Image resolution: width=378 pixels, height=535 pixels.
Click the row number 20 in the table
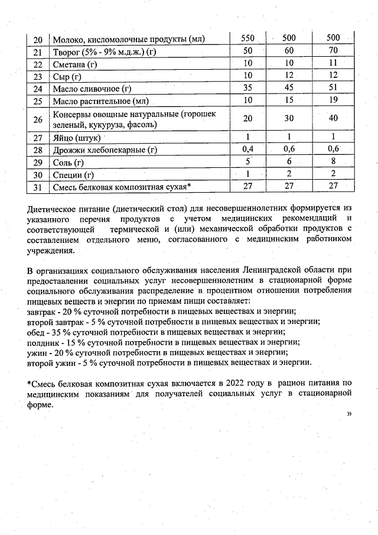point(38,40)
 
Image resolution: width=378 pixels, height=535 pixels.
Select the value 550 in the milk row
point(248,39)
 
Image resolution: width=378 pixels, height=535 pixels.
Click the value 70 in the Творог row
point(334,51)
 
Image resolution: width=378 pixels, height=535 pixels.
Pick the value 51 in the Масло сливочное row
point(334,89)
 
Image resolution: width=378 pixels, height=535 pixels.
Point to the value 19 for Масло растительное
point(334,101)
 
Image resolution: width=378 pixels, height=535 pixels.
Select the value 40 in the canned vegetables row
point(334,118)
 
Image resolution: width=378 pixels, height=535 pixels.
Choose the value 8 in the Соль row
point(334,162)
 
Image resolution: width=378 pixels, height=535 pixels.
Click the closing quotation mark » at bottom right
point(349,414)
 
